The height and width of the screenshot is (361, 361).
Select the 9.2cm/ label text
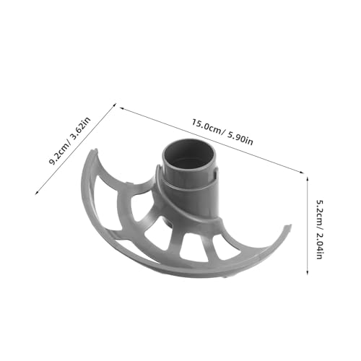pos(60,153)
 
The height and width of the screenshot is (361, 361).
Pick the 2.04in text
pos(319,246)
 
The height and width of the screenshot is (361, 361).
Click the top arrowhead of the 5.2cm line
pos(307,178)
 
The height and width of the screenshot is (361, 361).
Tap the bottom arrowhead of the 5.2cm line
pos(307,272)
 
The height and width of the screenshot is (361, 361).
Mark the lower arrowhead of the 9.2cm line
pos(37,192)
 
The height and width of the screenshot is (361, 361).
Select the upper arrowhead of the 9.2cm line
pos(115,105)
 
